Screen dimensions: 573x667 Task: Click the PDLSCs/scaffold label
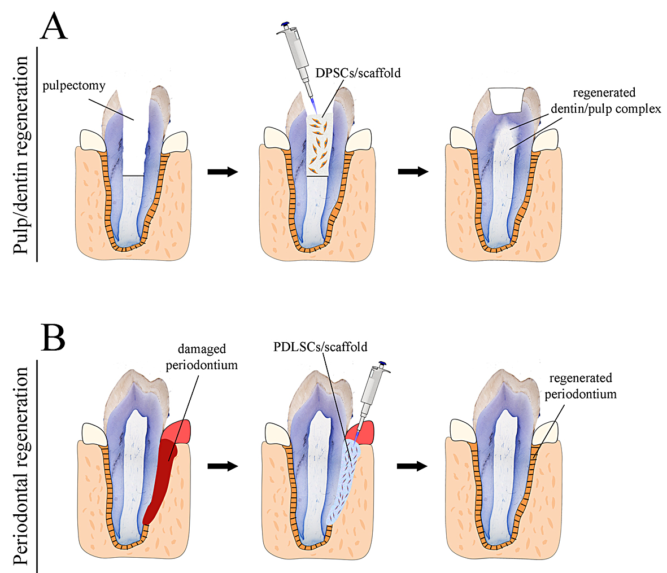point(320,346)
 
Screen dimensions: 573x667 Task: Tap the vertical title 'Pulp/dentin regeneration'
point(22,156)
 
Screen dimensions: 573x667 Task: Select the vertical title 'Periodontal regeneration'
point(22,466)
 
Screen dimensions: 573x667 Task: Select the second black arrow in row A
point(412,172)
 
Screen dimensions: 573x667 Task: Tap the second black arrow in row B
point(412,466)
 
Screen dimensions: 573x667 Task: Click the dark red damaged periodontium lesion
point(160,480)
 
